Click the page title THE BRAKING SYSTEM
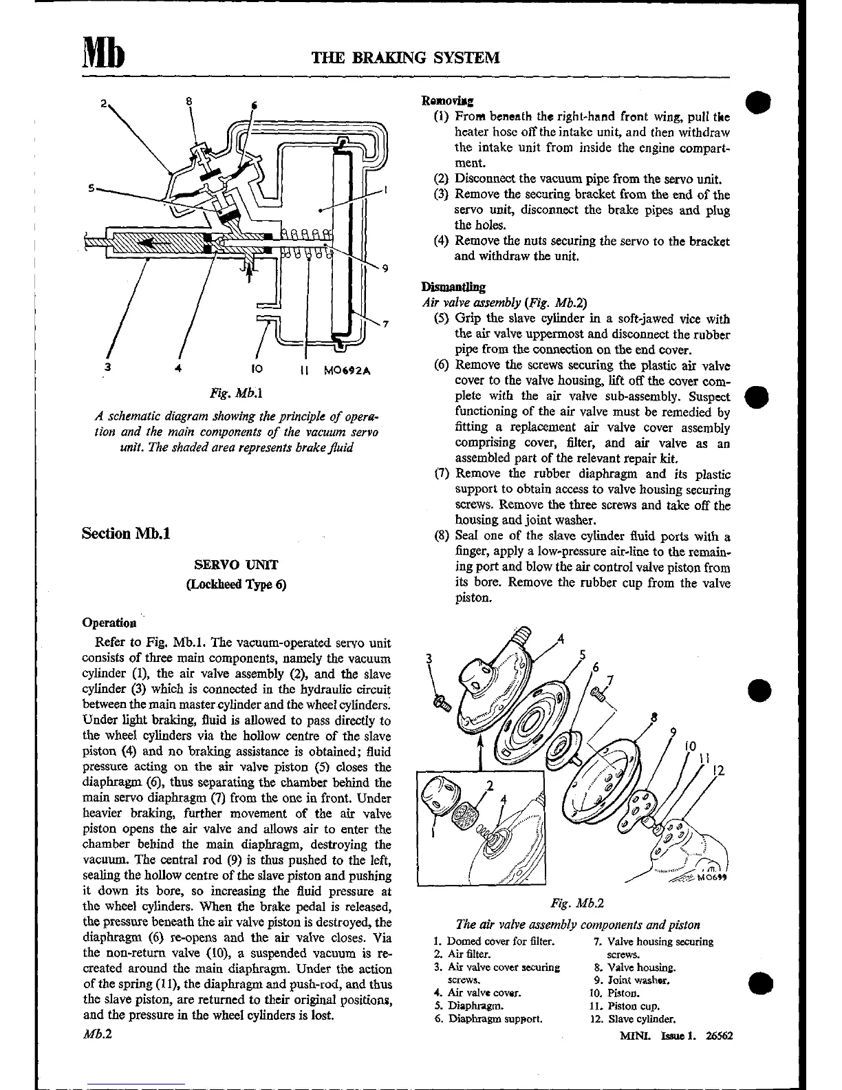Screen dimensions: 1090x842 click(406, 56)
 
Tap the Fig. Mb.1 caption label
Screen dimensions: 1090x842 click(228, 394)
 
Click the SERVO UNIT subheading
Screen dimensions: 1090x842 click(236, 565)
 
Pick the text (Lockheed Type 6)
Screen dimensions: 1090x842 click(236, 584)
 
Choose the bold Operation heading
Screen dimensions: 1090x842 click(109, 623)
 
